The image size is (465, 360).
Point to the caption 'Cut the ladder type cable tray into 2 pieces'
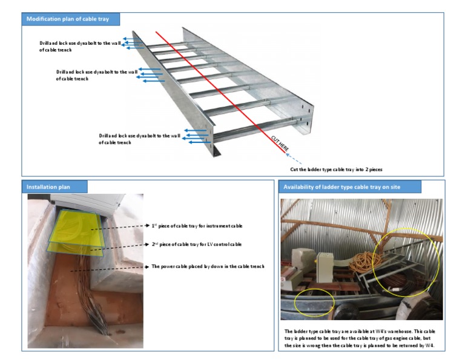pyautogui.click(x=336, y=169)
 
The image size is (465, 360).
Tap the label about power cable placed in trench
pyautogui.click(x=208, y=266)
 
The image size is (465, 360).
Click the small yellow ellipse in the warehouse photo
pyautogui.click(x=314, y=301)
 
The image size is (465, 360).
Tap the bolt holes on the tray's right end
pyautogui.click(x=309, y=112)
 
